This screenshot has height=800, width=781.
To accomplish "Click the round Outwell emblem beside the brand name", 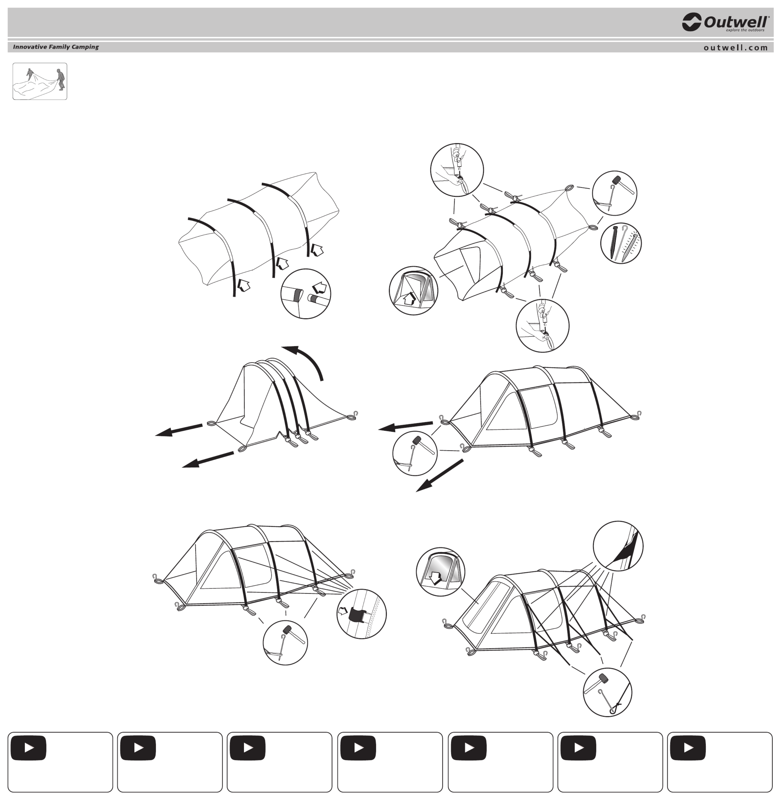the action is (691, 22).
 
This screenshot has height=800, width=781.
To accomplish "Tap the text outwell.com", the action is (735, 48).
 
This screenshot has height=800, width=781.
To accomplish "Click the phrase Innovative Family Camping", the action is (56, 47).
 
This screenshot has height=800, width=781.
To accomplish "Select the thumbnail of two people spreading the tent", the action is (40, 81).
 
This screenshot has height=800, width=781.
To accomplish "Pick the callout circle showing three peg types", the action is (621, 243).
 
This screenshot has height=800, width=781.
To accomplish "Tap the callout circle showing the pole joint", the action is (306, 293).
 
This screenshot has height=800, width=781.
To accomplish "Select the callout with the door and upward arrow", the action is (414, 290).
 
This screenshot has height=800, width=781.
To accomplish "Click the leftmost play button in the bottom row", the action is (29, 748).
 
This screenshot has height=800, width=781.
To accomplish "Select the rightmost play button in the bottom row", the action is (688, 748).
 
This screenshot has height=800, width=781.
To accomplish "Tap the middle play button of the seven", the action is (358, 748).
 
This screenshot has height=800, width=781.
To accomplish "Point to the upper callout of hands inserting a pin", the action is (457, 170).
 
